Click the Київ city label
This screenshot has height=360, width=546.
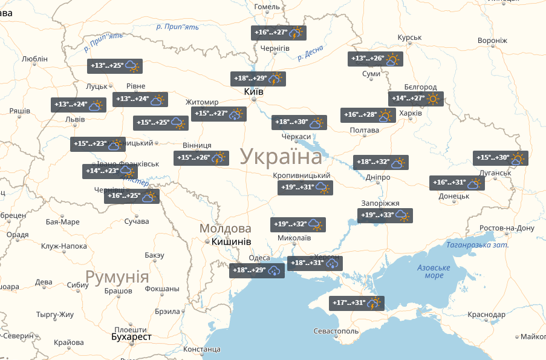point(253,91)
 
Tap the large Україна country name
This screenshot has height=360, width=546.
point(281,156)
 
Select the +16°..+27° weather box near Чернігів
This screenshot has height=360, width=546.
point(279,33)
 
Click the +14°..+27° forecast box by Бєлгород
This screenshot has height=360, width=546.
point(415,99)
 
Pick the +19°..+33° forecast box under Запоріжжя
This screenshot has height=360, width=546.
point(385,216)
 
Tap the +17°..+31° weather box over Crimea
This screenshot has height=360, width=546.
point(357,303)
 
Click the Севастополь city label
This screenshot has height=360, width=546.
point(336,332)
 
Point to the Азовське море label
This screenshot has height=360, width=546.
point(434,272)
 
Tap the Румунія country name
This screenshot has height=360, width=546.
point(117,277)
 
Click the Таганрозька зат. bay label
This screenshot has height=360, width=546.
point(477,245)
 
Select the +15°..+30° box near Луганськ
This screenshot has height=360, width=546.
point(500,158)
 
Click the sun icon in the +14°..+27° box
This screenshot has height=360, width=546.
point(433,99)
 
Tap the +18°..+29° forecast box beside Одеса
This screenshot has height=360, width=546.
point(256,270)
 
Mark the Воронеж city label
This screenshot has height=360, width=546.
point(492,41)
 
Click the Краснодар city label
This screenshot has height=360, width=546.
point(486,315)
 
